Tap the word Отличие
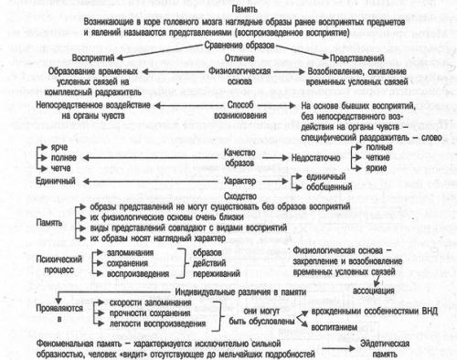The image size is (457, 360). tap(229, 56)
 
